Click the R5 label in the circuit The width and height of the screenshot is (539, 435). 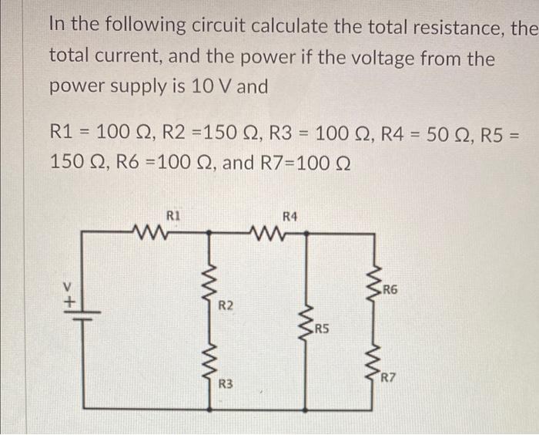(x=321, y=329)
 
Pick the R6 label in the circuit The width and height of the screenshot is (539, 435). (x=390, y=290)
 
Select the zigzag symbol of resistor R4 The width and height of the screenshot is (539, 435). (x=268, y=228)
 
